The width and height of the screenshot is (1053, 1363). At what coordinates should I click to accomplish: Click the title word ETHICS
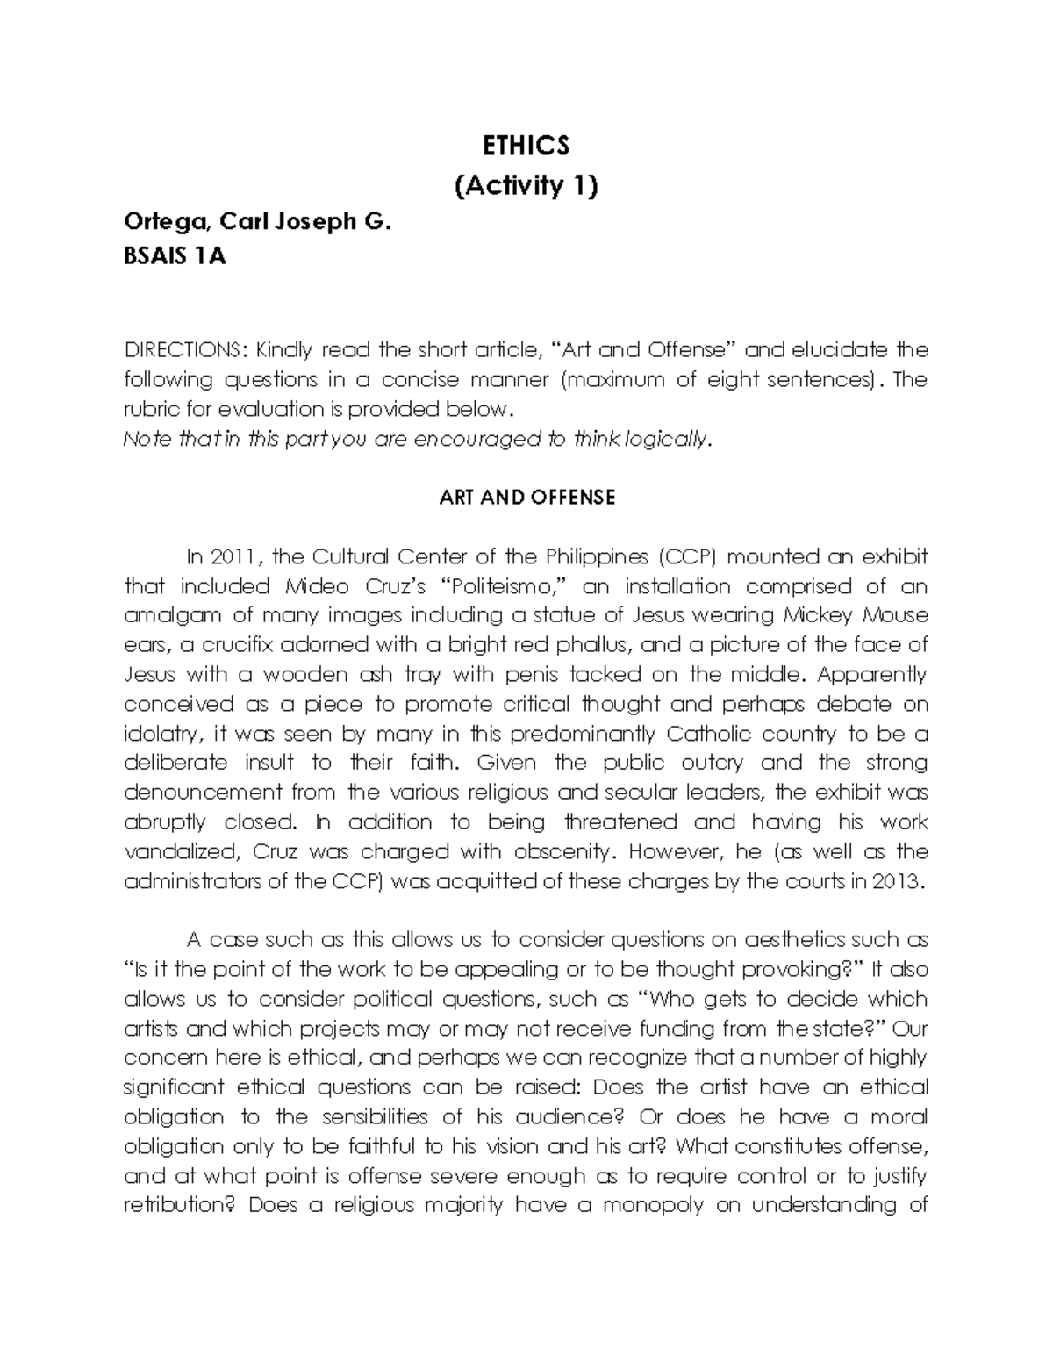[x=526, y=145]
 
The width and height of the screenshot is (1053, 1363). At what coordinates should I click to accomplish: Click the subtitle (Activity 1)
[x=526, y=186]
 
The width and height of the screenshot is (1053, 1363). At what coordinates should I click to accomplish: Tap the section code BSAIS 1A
[x=175, y=258]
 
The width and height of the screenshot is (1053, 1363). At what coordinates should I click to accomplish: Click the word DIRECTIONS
[x=181, y=350]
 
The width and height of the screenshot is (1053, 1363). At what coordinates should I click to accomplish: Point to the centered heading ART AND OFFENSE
[x=526, y=498]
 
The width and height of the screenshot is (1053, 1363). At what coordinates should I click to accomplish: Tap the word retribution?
[x=180, y=1205]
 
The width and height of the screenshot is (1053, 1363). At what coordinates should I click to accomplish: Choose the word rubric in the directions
[x=148, y=409]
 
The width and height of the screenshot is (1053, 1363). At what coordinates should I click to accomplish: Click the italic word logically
[x=670, y=439]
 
